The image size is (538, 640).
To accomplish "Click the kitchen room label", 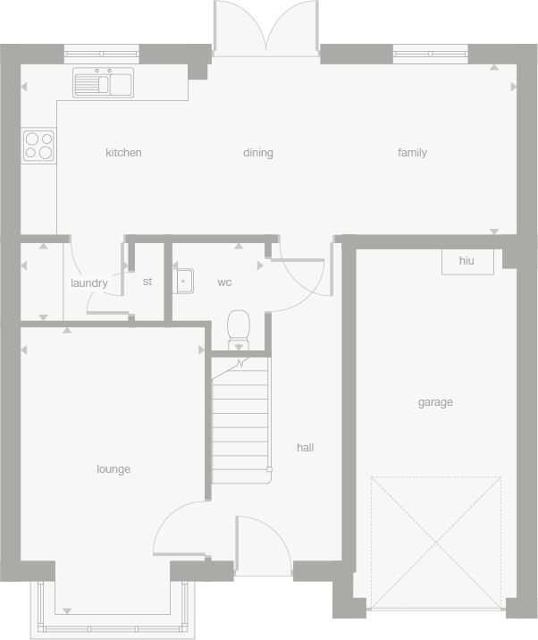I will (x=123, y=153).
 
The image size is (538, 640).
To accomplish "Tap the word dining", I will (x=258, y=153).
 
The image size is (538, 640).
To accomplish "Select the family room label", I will (x=412, y=153).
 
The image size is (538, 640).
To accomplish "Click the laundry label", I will (x=88, y=283).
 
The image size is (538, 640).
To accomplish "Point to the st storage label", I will (x=147, y=282).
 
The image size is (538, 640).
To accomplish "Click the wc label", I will (x=224, y=282).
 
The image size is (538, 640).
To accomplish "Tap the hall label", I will (x=306, y=448).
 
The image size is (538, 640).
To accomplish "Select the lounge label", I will (x=113, y=469).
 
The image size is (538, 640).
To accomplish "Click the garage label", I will (x=435, y=402).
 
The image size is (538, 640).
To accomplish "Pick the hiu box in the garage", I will (x=467, y=261).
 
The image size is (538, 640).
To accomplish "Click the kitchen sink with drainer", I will (x=104, y=83).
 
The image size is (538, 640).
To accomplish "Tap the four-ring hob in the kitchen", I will (x=38, y=145).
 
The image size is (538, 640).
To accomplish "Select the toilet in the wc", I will (x=239, y=329).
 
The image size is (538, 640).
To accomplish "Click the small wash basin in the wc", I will (x=183, y=281).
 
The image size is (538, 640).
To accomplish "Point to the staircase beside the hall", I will (x=240, y=420).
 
